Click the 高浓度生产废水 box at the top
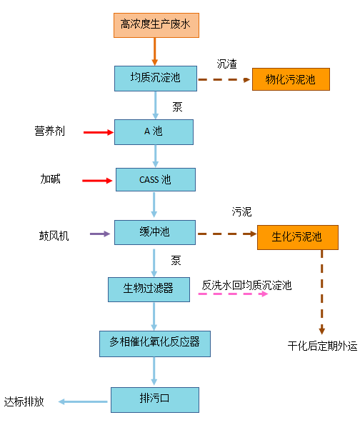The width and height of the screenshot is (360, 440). tap(156, 25)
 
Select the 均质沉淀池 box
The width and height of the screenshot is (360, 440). tap(156, 79)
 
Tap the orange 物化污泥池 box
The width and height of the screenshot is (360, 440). tap(291, 79)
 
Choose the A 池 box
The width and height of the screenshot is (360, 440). tap(154, 132)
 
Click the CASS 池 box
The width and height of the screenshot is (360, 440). tap(156, 179)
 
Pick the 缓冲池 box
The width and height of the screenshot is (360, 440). tap(155, 232)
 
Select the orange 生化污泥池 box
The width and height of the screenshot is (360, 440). tap(298, 237)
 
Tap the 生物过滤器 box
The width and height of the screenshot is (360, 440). tap(149, 289)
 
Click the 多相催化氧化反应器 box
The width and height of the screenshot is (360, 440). tap(155, 344)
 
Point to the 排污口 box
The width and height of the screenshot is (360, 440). tap(155, 400)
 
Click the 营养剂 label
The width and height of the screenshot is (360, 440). tap(50, 131)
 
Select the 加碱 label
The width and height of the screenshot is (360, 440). tap(51, 179)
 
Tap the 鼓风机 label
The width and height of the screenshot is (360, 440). tap(54, 236)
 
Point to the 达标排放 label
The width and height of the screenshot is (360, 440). tap(24, 401)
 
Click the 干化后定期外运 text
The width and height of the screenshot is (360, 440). tap(323, 346)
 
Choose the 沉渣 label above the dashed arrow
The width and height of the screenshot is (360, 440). tap(227, 64)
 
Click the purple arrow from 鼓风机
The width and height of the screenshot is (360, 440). tap(100, 234)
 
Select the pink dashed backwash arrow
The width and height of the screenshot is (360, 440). tap(233, 294)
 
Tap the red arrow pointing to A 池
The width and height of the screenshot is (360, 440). tap(99, 132)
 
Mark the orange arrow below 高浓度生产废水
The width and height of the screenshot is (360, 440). tap(154, 51)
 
